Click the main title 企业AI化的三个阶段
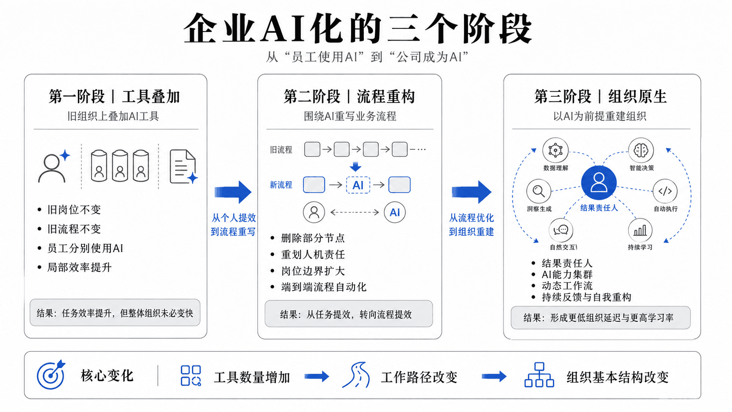[358, 28]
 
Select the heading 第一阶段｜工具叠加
[114, 97]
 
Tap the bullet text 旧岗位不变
[74, 209]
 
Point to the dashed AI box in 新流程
[358, 185]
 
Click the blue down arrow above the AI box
[355, 167]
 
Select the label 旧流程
[281, 150]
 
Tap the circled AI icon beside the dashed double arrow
[395, 212]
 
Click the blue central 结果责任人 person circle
[598, 183]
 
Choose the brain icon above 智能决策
[641, 150]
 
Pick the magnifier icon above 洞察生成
[538, 191]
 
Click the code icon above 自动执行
[665, 191]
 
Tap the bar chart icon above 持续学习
[640, 230]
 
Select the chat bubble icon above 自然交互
[561, 230]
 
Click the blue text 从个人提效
[234, 218]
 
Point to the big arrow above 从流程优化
[471, 192]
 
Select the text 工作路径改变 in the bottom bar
[419, 377]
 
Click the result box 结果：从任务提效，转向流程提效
[348, 314]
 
